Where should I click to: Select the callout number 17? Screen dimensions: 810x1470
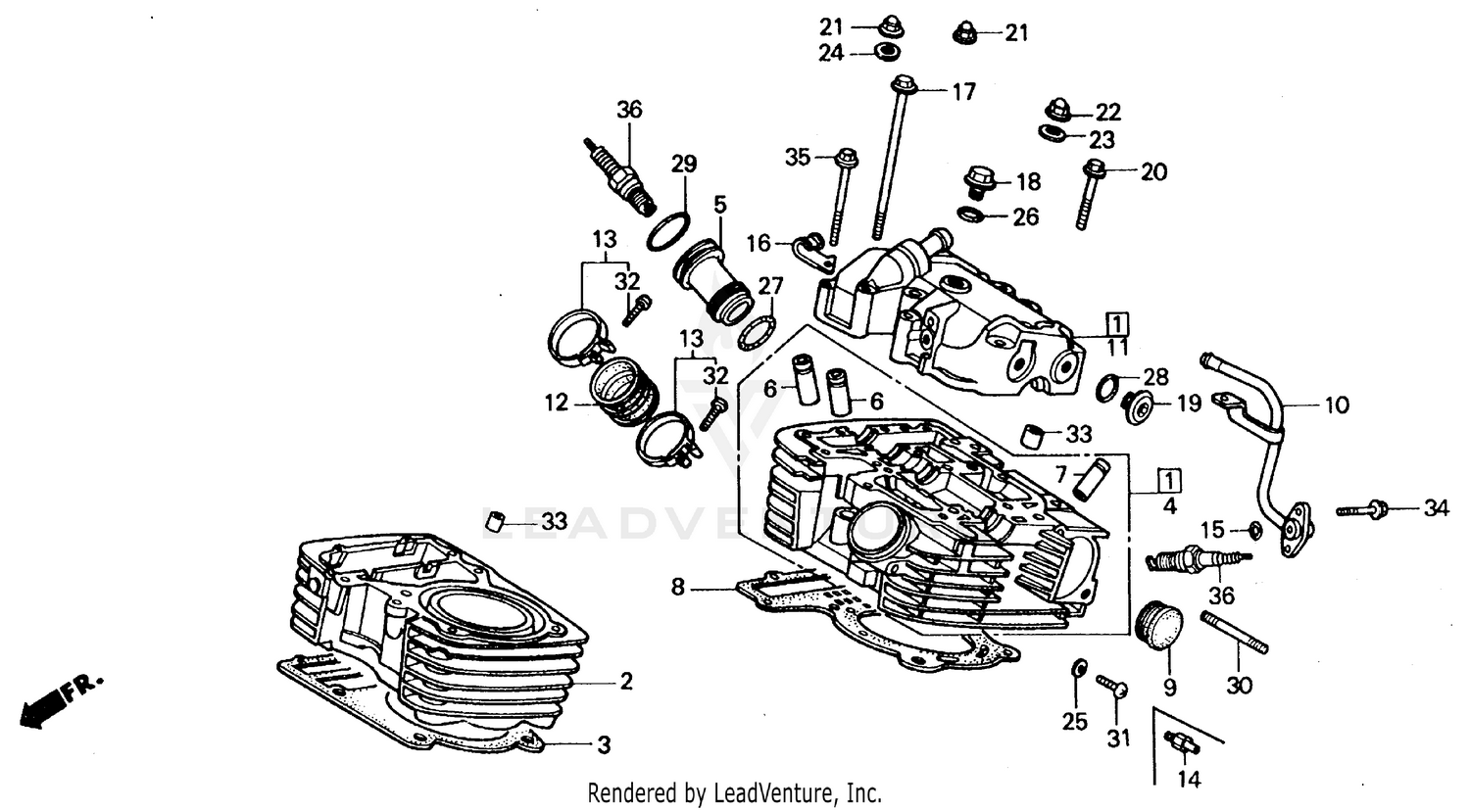pyautogui.click(x=964, y=92)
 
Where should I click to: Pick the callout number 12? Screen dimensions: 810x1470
pyautogui.click(x=557, y=403)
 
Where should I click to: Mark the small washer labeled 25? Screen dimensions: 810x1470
pyautogui.click(x=1076, y=668)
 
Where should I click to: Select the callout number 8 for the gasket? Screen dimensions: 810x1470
pyautogui.click(x=678, y=588)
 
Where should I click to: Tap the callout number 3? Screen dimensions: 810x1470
pyautogui.click(x=604, y=745)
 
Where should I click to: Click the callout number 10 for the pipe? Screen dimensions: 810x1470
pyautogui.click(x=1337, y=405)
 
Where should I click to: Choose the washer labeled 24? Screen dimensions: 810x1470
pyautogui.click(x=888, y=52)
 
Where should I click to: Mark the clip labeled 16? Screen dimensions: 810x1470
pyautogui.click(x=815, y=249)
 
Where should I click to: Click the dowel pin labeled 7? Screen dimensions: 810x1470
pyautogui.click(x=1091, y=477)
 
